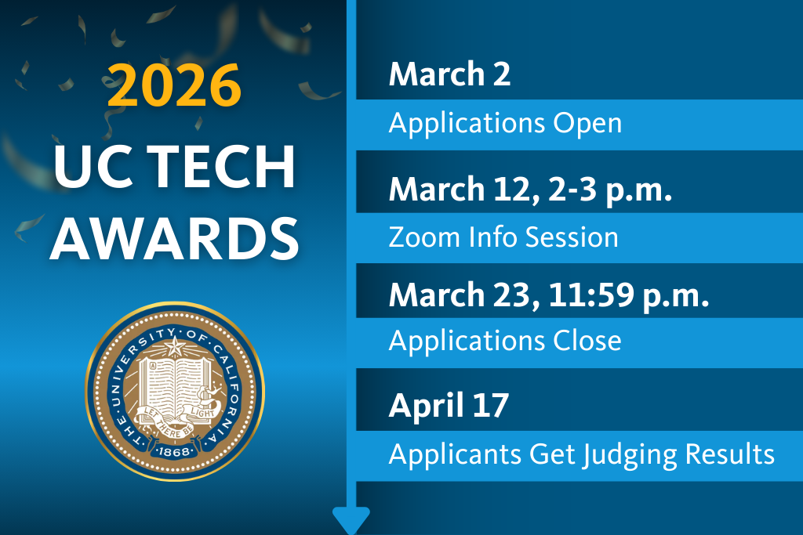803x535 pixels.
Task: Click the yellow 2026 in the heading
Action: (x=174, y=85)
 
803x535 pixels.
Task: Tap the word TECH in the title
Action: (x=224, y=166)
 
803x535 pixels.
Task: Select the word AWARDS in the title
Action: (x=174, y=239)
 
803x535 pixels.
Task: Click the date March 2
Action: (x=449, y=74)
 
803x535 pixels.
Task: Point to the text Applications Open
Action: (x=506, y=124)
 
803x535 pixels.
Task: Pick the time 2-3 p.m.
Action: (x=610, y=190)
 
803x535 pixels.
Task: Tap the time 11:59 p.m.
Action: (x=629, y=295)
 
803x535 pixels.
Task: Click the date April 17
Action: (x=449, y=406)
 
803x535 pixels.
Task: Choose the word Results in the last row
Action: (x=730, y=454)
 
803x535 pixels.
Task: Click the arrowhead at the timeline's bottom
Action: (x=351, y=520)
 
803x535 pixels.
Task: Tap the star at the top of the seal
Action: (x=174, y=347)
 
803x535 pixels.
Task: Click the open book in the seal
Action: (x=175, y=389)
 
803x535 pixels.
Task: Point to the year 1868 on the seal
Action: (x=174, y=452)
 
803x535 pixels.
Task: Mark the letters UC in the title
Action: (x=98, y=166)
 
